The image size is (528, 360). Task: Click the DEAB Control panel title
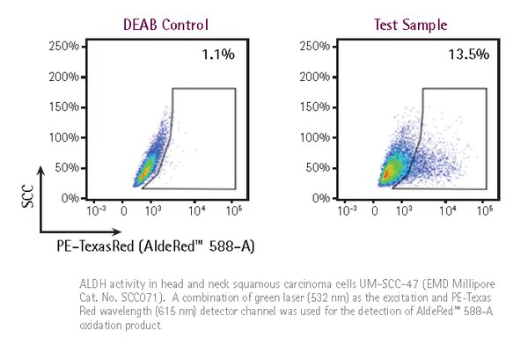165,24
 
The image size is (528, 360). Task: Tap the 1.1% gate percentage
218,55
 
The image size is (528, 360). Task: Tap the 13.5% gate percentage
466,55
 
